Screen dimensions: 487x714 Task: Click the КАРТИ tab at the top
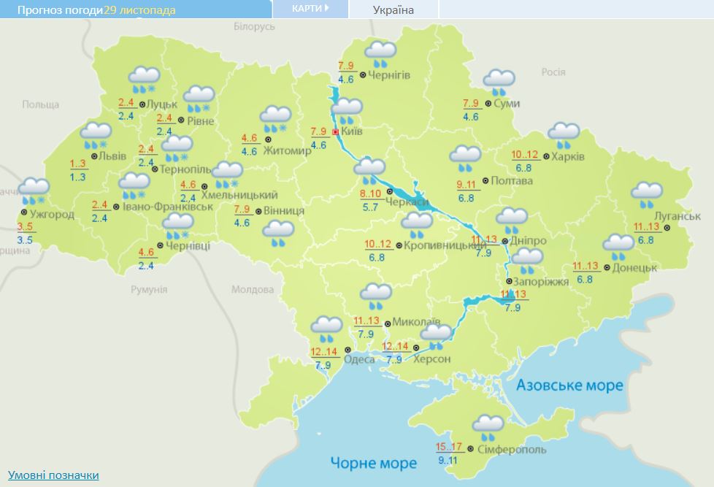[310, 9]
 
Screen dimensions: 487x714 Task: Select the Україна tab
[393, 9]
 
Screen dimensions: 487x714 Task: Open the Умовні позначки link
[53, 475]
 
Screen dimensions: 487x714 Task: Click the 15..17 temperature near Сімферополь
[449, 447]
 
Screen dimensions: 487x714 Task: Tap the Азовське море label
[569, 385]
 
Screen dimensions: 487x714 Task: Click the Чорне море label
[373, 463]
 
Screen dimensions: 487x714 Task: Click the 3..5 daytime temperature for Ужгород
[25, 227]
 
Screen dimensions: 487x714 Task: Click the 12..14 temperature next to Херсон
[395, 346]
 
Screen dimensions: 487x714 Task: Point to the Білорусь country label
[254, 26]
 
